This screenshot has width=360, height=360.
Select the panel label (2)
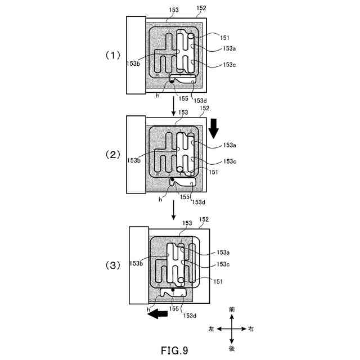tap(113, 155)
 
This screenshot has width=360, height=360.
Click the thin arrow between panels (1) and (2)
tap(174, 105)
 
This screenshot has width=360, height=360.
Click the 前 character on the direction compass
tap(232, 310)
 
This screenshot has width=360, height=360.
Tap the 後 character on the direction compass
tap(232, 349)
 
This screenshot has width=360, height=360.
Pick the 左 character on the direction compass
tap(211, 329)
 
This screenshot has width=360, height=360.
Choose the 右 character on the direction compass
tap(251, 329)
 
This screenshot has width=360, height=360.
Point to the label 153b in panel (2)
tap(134, 160)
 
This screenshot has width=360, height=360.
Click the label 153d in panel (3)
tap(190, 315)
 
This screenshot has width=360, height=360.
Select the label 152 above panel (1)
tap(202, 8)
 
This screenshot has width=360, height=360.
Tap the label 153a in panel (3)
tap(223, 253)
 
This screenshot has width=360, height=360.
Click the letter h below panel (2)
tap(160, 199)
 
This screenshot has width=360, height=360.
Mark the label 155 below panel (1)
tap(183, 98)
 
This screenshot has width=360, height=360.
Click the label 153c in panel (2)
tap(229, 161)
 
